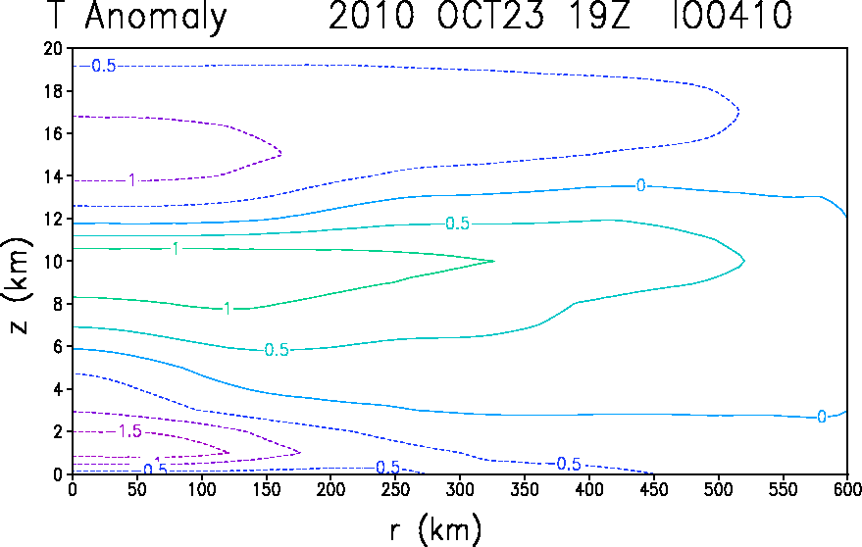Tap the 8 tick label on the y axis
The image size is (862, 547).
click(x=58, y=304)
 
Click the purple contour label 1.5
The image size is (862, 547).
click(x=129, y=431)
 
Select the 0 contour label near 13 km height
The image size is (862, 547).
click(x=640, y=185)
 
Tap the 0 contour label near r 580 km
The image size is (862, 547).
click(x=822, y=417)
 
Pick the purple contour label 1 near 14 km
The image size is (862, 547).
click(x=132, y=180)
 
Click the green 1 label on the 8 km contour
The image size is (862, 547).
click(x=228, y=308)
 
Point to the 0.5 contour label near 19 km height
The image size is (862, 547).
click(x=103, y=66)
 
